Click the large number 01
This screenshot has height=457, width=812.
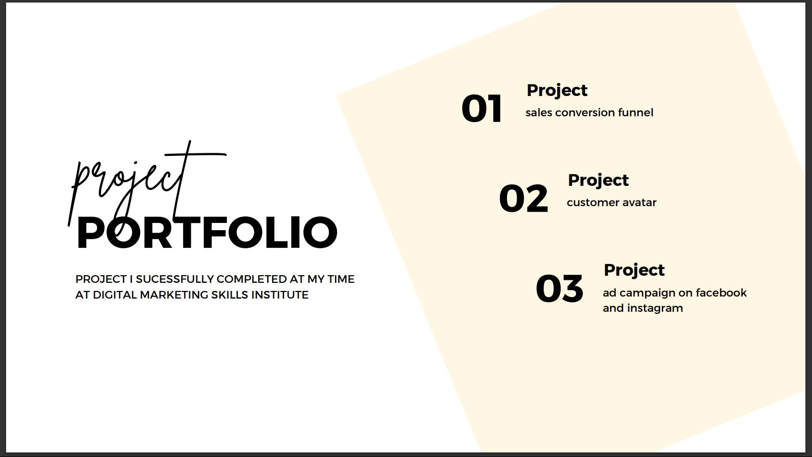click(482, 109)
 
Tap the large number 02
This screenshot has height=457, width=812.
click(523, 198)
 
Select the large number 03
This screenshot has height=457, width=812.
click(559, 288)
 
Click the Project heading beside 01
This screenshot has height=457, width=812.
click(557, 91)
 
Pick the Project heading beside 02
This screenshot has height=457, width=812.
click(598, 181)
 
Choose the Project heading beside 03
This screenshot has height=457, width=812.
click(634, 271)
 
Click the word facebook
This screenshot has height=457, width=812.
click(721, 292)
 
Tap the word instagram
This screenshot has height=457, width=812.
click(655, 308)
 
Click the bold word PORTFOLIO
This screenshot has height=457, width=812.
click(207, 233)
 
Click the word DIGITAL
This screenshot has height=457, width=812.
click(115, 295)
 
